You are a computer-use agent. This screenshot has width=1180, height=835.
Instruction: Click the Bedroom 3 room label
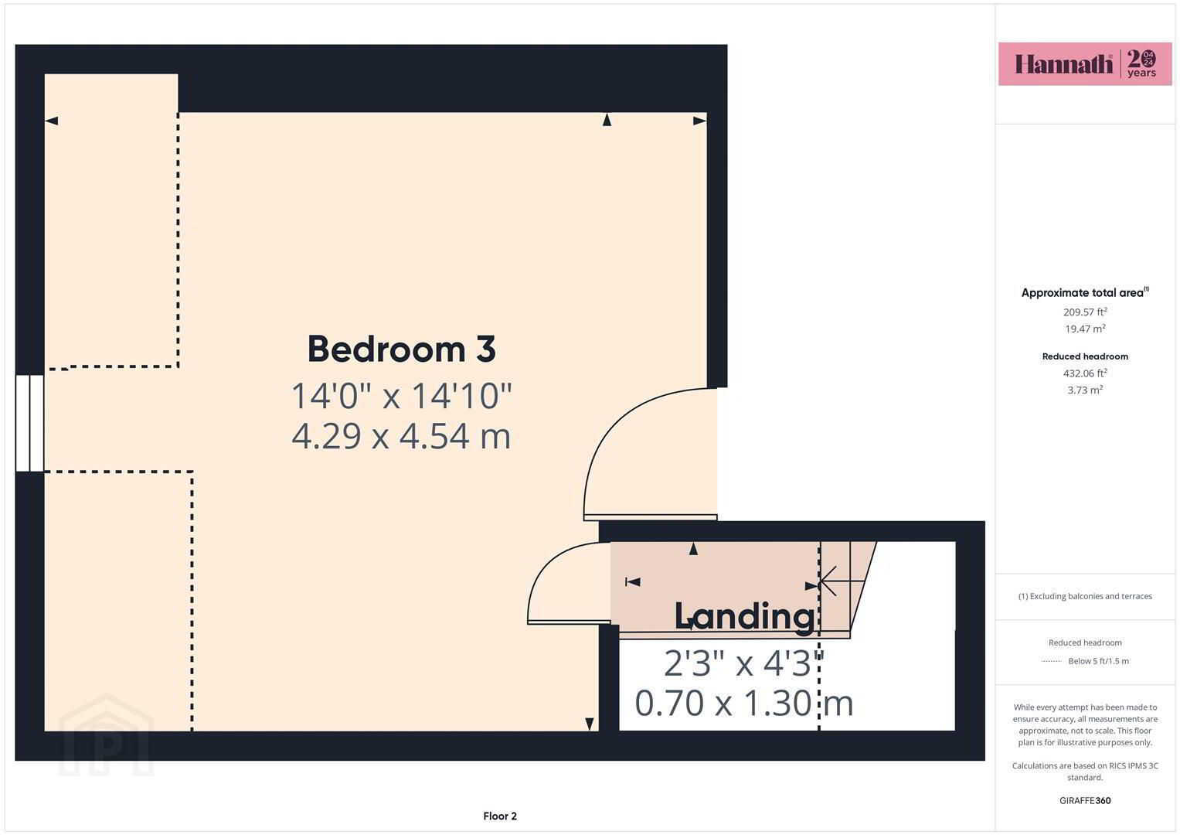point(401,349)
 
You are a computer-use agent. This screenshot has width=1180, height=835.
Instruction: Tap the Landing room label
point(744,615)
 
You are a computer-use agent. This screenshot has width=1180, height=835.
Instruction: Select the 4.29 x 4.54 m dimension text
point(401,437)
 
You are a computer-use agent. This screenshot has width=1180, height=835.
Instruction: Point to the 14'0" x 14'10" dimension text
point(401,396)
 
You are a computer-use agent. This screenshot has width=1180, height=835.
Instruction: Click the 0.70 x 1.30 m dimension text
point(744,704)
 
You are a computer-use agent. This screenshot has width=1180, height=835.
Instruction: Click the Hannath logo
point(1085,63)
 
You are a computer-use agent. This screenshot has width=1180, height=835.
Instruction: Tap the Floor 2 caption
point(500,816)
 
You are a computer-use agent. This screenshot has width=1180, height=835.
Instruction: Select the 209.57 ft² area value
point(1085,312)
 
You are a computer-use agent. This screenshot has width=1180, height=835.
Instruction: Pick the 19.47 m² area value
point(1085,329)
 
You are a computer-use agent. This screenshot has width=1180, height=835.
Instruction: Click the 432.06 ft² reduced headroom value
point(1085,373)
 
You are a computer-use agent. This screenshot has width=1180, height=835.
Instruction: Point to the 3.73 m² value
point(1085,390)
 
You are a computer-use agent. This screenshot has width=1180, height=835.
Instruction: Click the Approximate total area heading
point(1085,292)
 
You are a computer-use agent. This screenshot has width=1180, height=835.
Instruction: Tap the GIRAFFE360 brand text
point(1085,800)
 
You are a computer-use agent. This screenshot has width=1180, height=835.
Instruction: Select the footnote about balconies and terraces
point(1085,596)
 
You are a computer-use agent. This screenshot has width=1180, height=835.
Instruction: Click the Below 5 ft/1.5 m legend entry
point(1098,661)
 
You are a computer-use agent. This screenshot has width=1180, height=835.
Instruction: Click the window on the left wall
point(29,423)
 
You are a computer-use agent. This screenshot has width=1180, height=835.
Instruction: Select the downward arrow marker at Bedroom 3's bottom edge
point(590,724)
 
